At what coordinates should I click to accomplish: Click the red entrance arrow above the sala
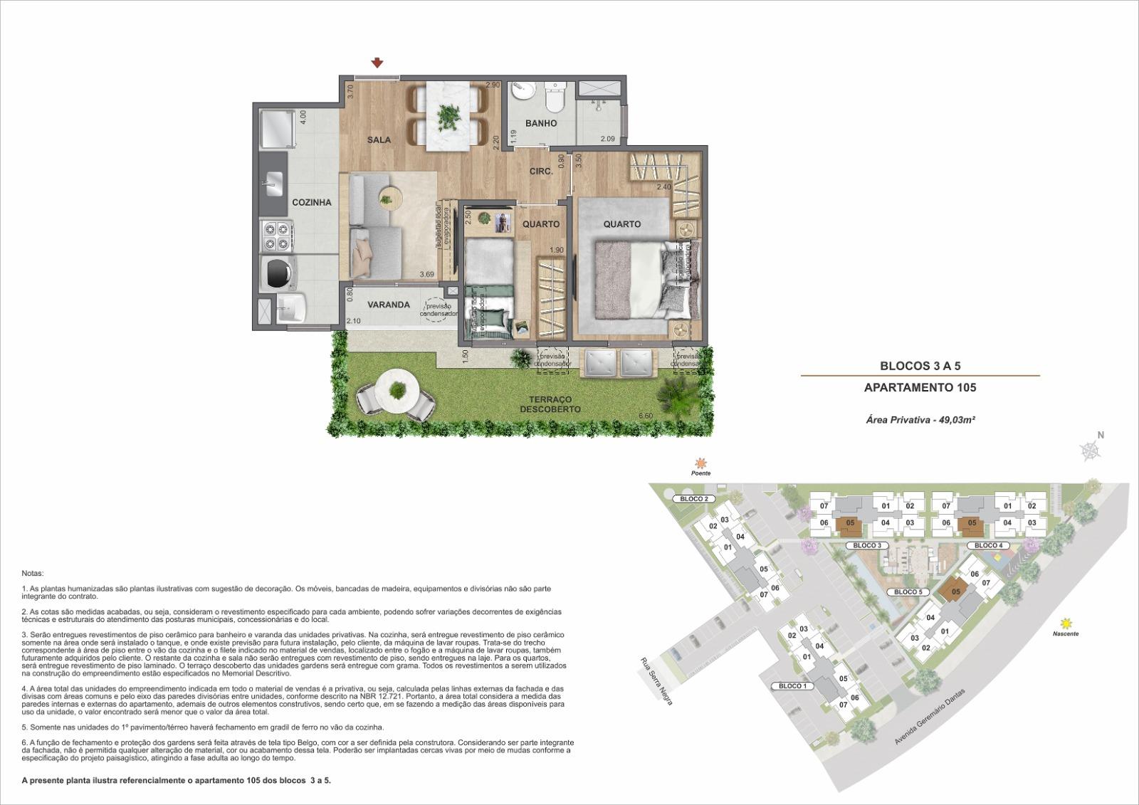click(x=378, y=64)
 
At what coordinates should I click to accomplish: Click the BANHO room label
click(x=541, y=123)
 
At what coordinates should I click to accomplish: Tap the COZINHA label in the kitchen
click(x=312, y=202)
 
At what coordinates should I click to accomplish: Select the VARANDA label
click(x=388, y=305)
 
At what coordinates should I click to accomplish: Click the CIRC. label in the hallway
click(x=541, y=172)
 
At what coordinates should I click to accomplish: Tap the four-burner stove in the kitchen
click(x=277, y=236)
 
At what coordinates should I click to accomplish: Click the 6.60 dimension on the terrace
click(x=646, y=416)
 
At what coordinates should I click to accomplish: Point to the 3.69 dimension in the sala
click(x=426, y=274)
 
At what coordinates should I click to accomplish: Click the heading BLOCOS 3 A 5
click(x=920, y=366)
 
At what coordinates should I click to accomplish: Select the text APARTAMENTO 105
click(x=920, y=388)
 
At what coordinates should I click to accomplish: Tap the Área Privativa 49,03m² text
click(x=920, y=420)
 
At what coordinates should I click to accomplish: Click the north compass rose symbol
click(x=1091, y=450)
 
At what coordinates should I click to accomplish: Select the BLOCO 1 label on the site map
click(x=792, y=686)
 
